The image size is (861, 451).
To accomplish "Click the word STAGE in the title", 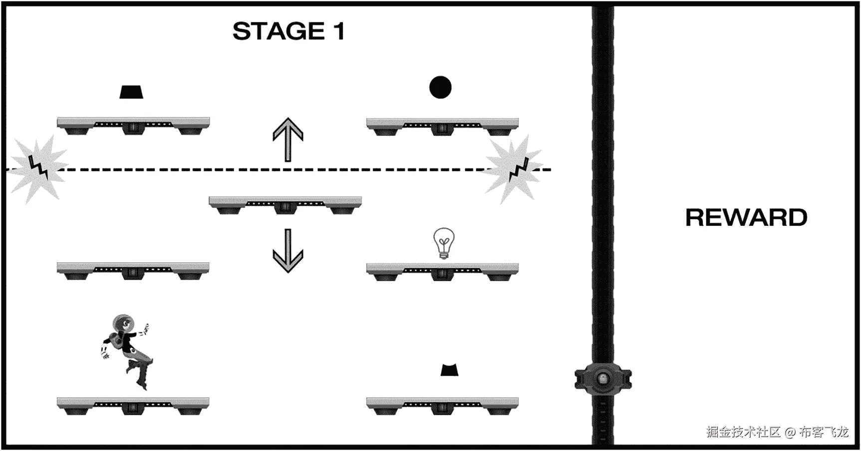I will (279, 31).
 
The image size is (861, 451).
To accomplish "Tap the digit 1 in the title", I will (339, 31).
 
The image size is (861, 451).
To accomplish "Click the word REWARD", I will (746, 218).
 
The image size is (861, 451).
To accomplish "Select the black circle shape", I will (440, 87).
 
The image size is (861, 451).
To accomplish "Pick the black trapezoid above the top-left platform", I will (131, 92).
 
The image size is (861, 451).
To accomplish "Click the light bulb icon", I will (444, 243).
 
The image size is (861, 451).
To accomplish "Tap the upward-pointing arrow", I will (288, 139).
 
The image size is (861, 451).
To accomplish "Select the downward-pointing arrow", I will (288, 251).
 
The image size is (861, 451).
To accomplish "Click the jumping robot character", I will (127, 350).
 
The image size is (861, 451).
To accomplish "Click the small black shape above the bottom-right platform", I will (449, 370).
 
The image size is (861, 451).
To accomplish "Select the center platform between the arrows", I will (285, 204).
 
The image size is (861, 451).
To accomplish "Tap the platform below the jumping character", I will (133, 405).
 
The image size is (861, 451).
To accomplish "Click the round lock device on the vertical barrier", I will (603, 379).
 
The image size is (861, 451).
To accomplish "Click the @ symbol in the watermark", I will (790, 432).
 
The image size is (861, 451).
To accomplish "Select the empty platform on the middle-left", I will (133, 270).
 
